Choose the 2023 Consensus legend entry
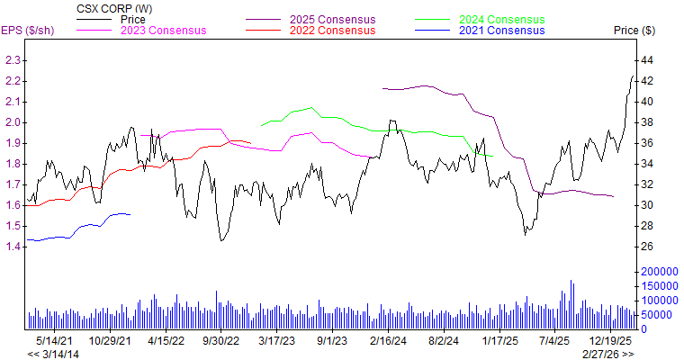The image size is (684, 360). (164, 31)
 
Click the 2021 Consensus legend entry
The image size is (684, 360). (501, 31)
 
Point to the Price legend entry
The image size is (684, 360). (133, 19)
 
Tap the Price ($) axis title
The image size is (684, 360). (634, 31)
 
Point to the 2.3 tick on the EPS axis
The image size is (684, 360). (13, 60)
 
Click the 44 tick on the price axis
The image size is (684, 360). (645, 60)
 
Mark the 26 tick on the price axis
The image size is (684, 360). (645, 247)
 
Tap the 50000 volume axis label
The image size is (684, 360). (655, 315)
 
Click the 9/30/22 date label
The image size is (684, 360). (220, 341)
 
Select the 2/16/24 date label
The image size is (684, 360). (389, 341)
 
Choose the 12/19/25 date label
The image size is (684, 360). (610, 341)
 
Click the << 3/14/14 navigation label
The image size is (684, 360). (53, 354)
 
